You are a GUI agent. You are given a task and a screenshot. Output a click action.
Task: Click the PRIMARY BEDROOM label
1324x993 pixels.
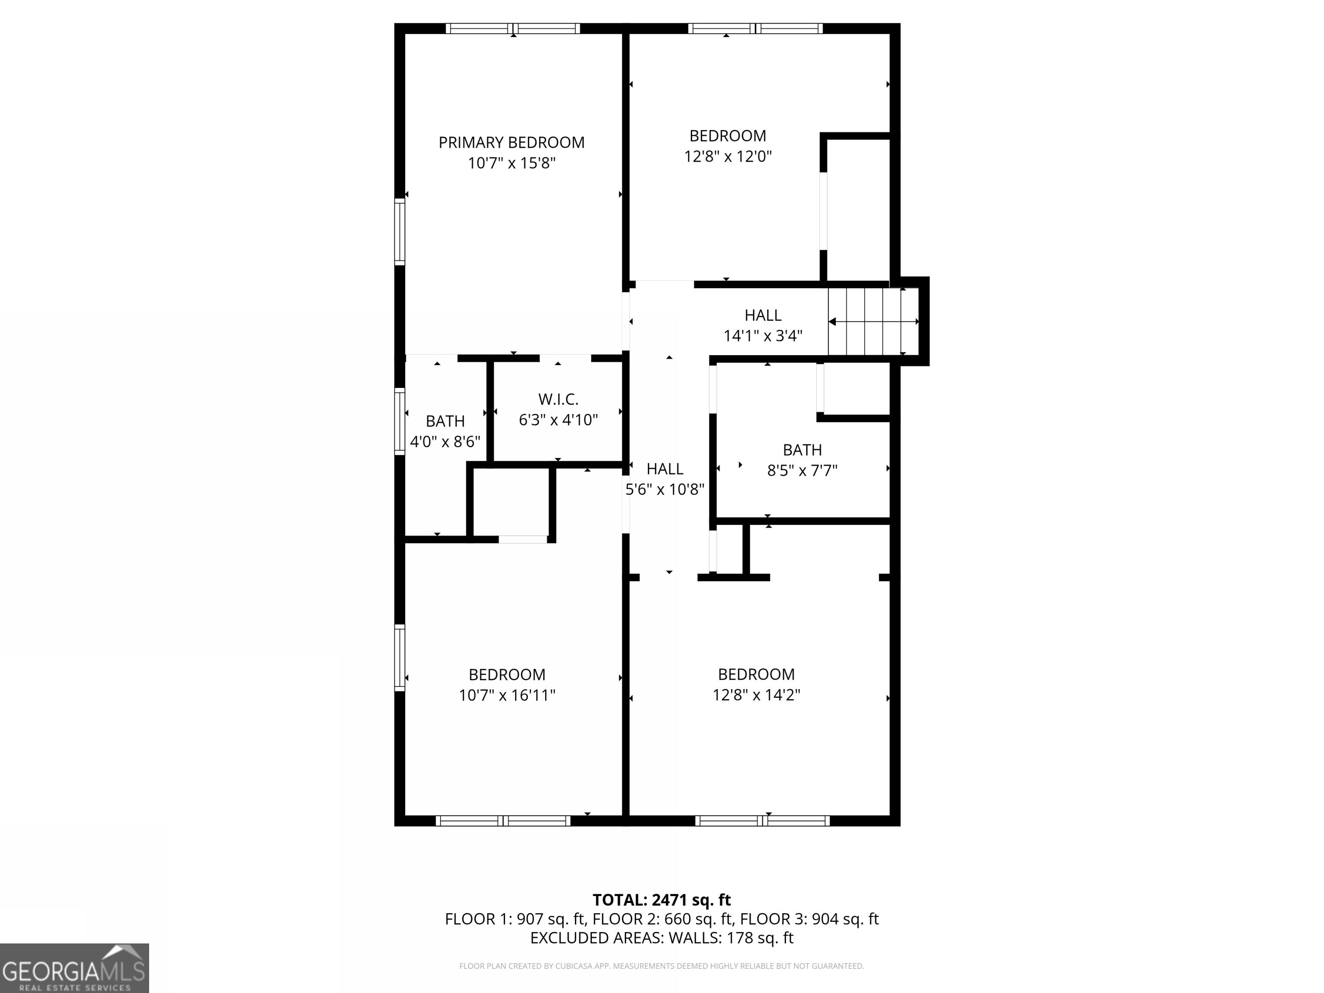[511, 143]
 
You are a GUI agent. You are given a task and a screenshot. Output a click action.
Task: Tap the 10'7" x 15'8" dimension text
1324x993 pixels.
[511, 163]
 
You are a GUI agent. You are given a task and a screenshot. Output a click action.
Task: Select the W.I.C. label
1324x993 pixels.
[558, 399]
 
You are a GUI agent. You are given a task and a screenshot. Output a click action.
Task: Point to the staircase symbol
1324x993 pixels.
[873, 322]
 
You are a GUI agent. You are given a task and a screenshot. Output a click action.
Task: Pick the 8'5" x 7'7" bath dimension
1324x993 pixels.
[802, 471]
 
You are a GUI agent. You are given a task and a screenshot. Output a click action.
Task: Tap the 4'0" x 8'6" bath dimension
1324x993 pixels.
[445, 442]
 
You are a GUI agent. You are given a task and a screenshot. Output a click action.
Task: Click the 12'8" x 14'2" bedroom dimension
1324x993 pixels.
[756, 695]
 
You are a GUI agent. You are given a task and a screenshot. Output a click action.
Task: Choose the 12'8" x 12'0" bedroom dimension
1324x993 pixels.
[728, 156]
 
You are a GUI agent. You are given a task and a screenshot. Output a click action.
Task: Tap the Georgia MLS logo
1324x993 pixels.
[74, 968]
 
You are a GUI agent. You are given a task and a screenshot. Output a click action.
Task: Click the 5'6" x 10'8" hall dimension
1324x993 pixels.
[665, 490]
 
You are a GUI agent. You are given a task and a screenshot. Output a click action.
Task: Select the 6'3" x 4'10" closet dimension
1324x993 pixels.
[558, 420]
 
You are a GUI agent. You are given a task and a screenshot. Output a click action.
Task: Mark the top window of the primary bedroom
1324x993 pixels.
[513, 28]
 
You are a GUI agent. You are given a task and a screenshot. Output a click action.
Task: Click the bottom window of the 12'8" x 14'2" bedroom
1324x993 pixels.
[762, 821]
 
